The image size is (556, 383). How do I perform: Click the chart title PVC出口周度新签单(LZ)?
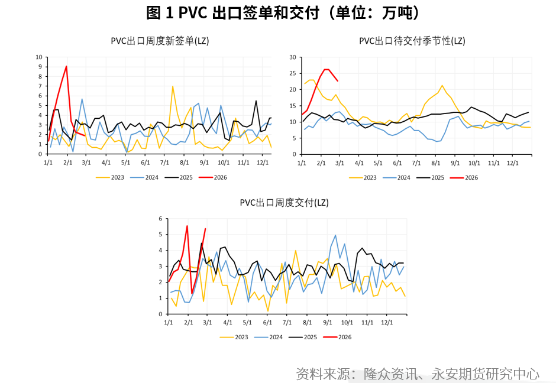click(160, 41)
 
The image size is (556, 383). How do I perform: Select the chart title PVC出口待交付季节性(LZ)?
click(412, 41)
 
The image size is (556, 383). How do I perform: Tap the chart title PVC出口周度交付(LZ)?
click(284, 203)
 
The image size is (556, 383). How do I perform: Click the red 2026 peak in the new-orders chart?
click(66, 66)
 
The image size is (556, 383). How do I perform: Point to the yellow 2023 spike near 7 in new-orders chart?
click(173, 86)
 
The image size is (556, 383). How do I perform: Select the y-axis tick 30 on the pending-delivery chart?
click(292, 57)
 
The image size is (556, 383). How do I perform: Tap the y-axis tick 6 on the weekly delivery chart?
click(160, 219)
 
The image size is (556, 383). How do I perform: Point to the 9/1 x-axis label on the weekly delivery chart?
click(327, 323)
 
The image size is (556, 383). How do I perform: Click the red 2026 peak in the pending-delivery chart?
click(326, 69)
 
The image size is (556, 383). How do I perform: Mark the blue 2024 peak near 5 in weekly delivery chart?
click(335, 235)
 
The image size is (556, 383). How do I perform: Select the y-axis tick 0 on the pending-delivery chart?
click(294, 154)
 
